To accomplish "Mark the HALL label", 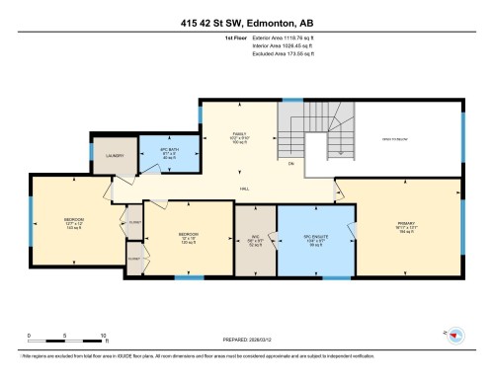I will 244,188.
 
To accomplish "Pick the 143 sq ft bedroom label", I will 73,222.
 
